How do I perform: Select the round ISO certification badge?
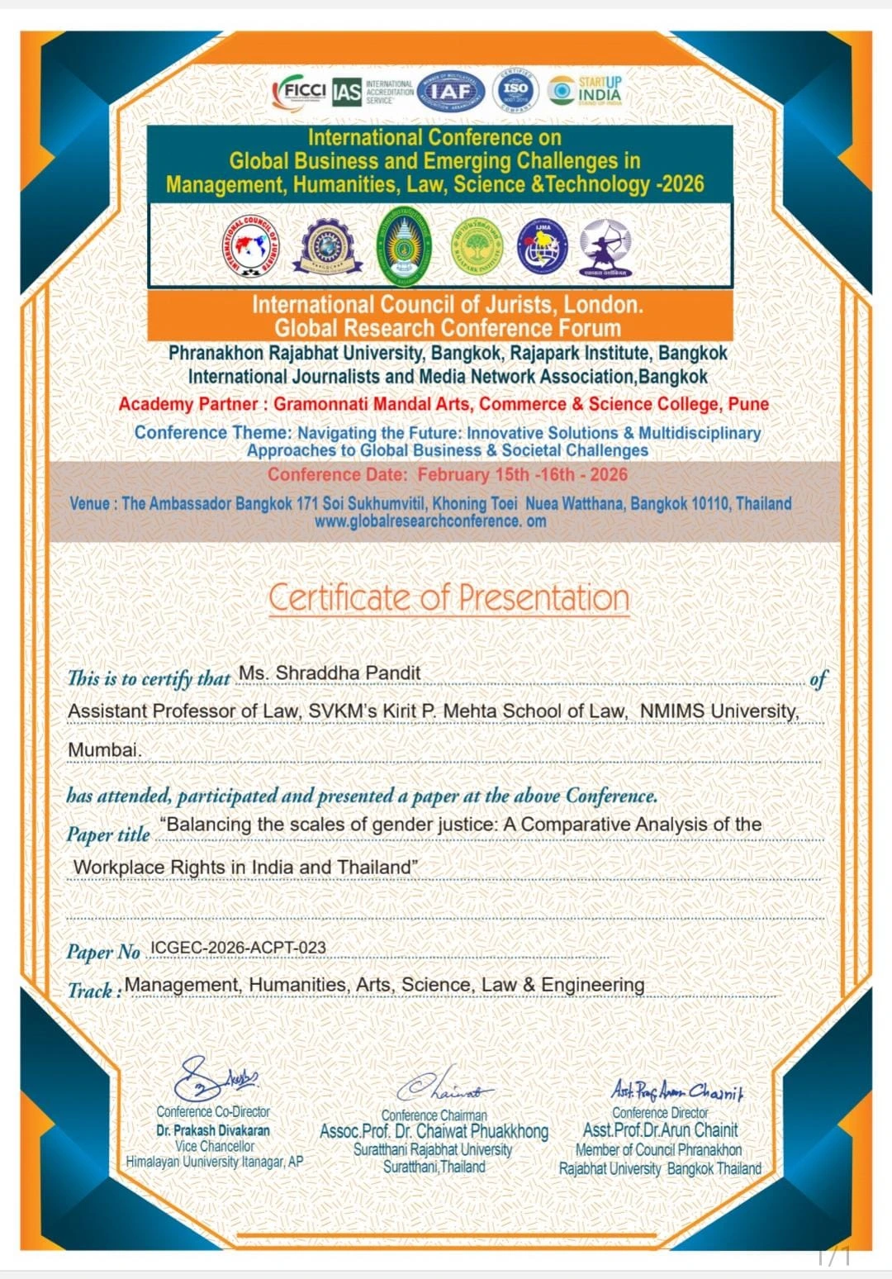pyautogui.click(x=515, y=90)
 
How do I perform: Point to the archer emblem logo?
pyautogui.click(x=605, y=247)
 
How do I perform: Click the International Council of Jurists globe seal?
pyautogui.click(x=251, y=247)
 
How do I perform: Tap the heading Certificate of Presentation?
pyautogui.click(x=448, y=597)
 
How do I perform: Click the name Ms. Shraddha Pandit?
pyautogui.click(x=330, y=673)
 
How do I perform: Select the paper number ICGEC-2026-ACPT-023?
pyautogui.click(x=238, y=948)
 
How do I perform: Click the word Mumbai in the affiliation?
pyautogui.click(x=104, y=749)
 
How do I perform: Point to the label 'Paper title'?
pyautogui.click(x=108, y=834)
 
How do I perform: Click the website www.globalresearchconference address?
pyautogui.click(x=429, y=521)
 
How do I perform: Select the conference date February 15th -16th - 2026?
pyautogui.click(x=522, y=475)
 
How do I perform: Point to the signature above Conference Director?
pyautogui.click(x=677, y=1091)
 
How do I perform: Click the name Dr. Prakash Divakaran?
pyautogui.click(x=213, y=1130)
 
